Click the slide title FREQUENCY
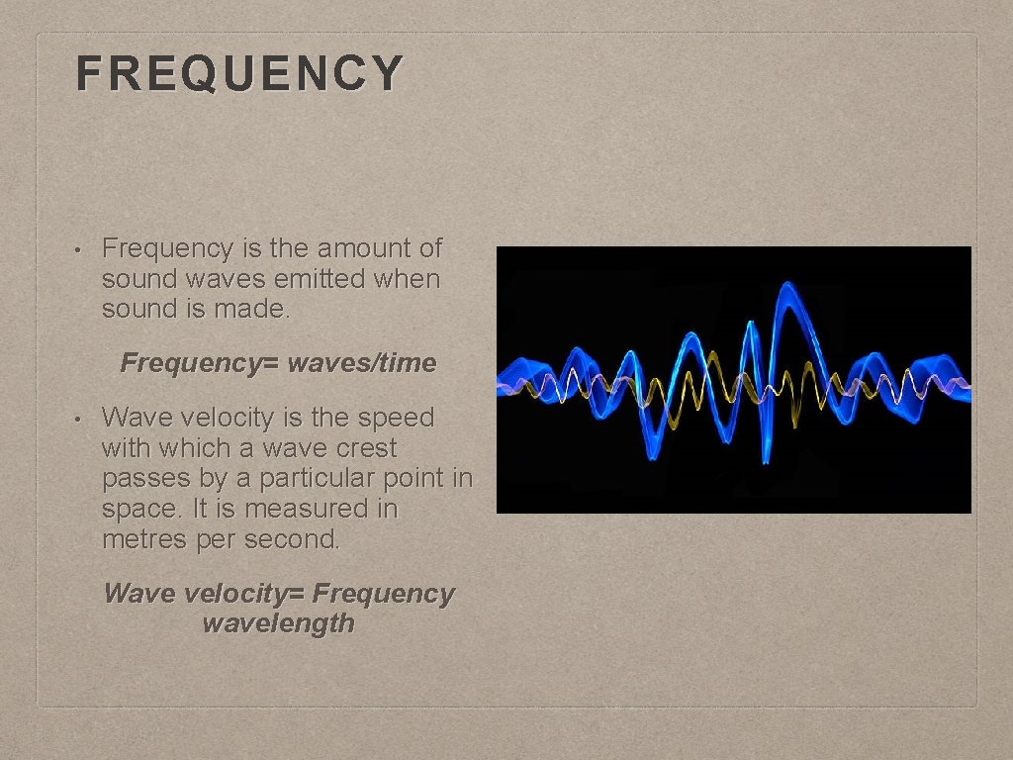239,73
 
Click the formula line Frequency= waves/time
278,363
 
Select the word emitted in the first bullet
321,278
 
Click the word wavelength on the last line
278,623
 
